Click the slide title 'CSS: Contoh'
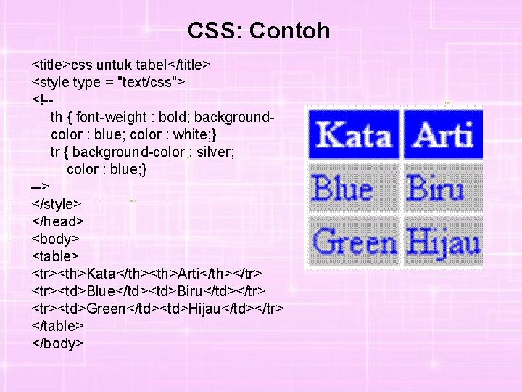point(259,30)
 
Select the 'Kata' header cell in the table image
point(354,135)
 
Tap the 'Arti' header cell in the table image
point(443,135)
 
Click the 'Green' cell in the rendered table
point(354,242)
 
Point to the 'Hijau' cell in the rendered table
point(443,242)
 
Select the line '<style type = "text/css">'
point(109,82)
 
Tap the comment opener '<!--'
point(42,99)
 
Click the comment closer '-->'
point(41,187)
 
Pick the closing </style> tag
point(57,204)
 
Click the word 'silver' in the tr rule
point(212,152)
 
